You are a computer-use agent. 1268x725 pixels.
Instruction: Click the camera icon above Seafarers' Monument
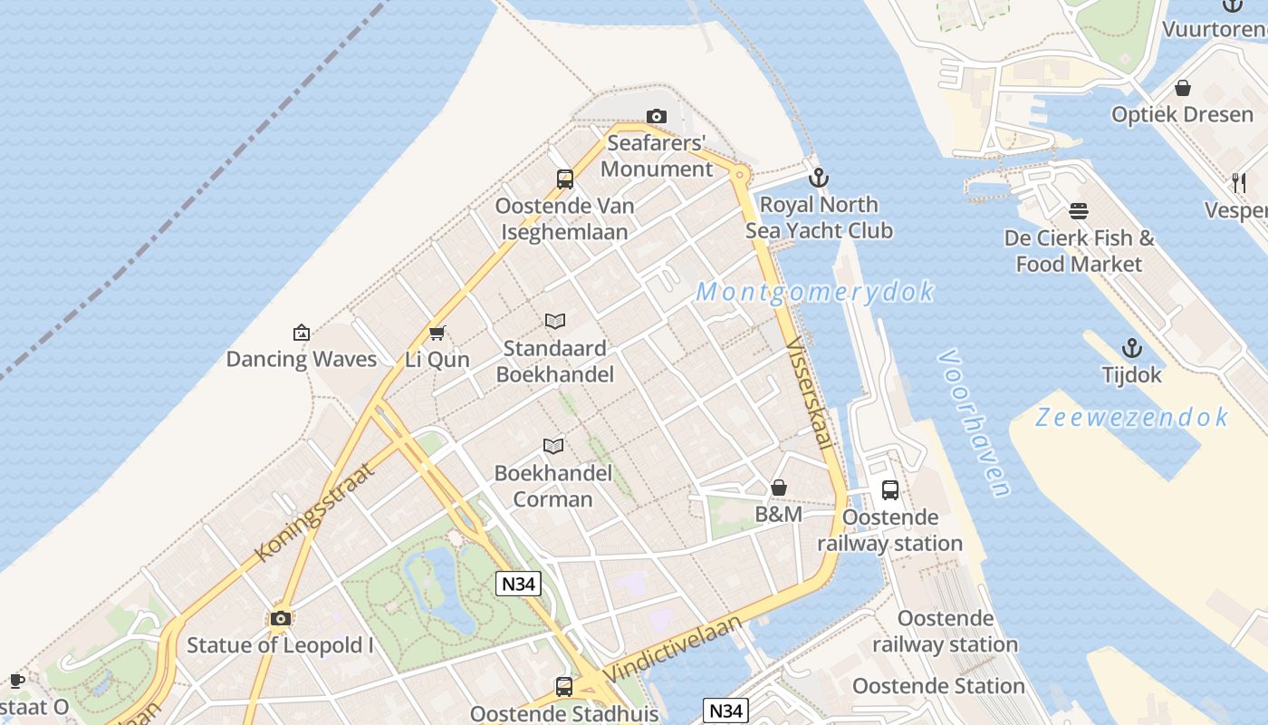pos(657,116)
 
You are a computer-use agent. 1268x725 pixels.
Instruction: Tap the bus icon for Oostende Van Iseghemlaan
pos(565,179)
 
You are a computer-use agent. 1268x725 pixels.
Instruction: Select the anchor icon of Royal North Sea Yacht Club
pos(819,178)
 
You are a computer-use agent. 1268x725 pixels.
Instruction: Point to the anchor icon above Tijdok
pos(1131,348)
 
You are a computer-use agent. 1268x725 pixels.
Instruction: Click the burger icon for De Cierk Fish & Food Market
pos(1078,211)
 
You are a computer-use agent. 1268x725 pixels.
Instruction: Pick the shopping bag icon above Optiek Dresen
pos(1182,88)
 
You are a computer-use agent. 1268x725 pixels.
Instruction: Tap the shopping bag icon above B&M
pos(778,488)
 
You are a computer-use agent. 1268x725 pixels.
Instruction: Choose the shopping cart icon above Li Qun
pos(437,333)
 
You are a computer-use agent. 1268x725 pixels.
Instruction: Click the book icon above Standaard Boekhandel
pos(555,321)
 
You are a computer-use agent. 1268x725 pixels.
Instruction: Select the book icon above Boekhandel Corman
pos(553,446)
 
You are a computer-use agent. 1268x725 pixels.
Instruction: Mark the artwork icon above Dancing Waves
pos(302,333)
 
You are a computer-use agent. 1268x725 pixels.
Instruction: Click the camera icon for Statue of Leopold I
pos(281,618)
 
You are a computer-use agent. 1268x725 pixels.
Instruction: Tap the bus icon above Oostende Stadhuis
pos(564,687)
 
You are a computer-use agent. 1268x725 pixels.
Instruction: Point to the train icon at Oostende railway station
pos(890,490)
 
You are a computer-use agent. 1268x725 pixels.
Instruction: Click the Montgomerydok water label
pos(815,292)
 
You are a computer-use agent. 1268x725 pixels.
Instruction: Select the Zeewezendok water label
pos(1132,417)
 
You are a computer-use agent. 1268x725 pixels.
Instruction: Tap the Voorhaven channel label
pos(975,422)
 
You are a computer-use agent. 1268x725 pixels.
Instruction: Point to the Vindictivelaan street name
pos(672,649)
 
